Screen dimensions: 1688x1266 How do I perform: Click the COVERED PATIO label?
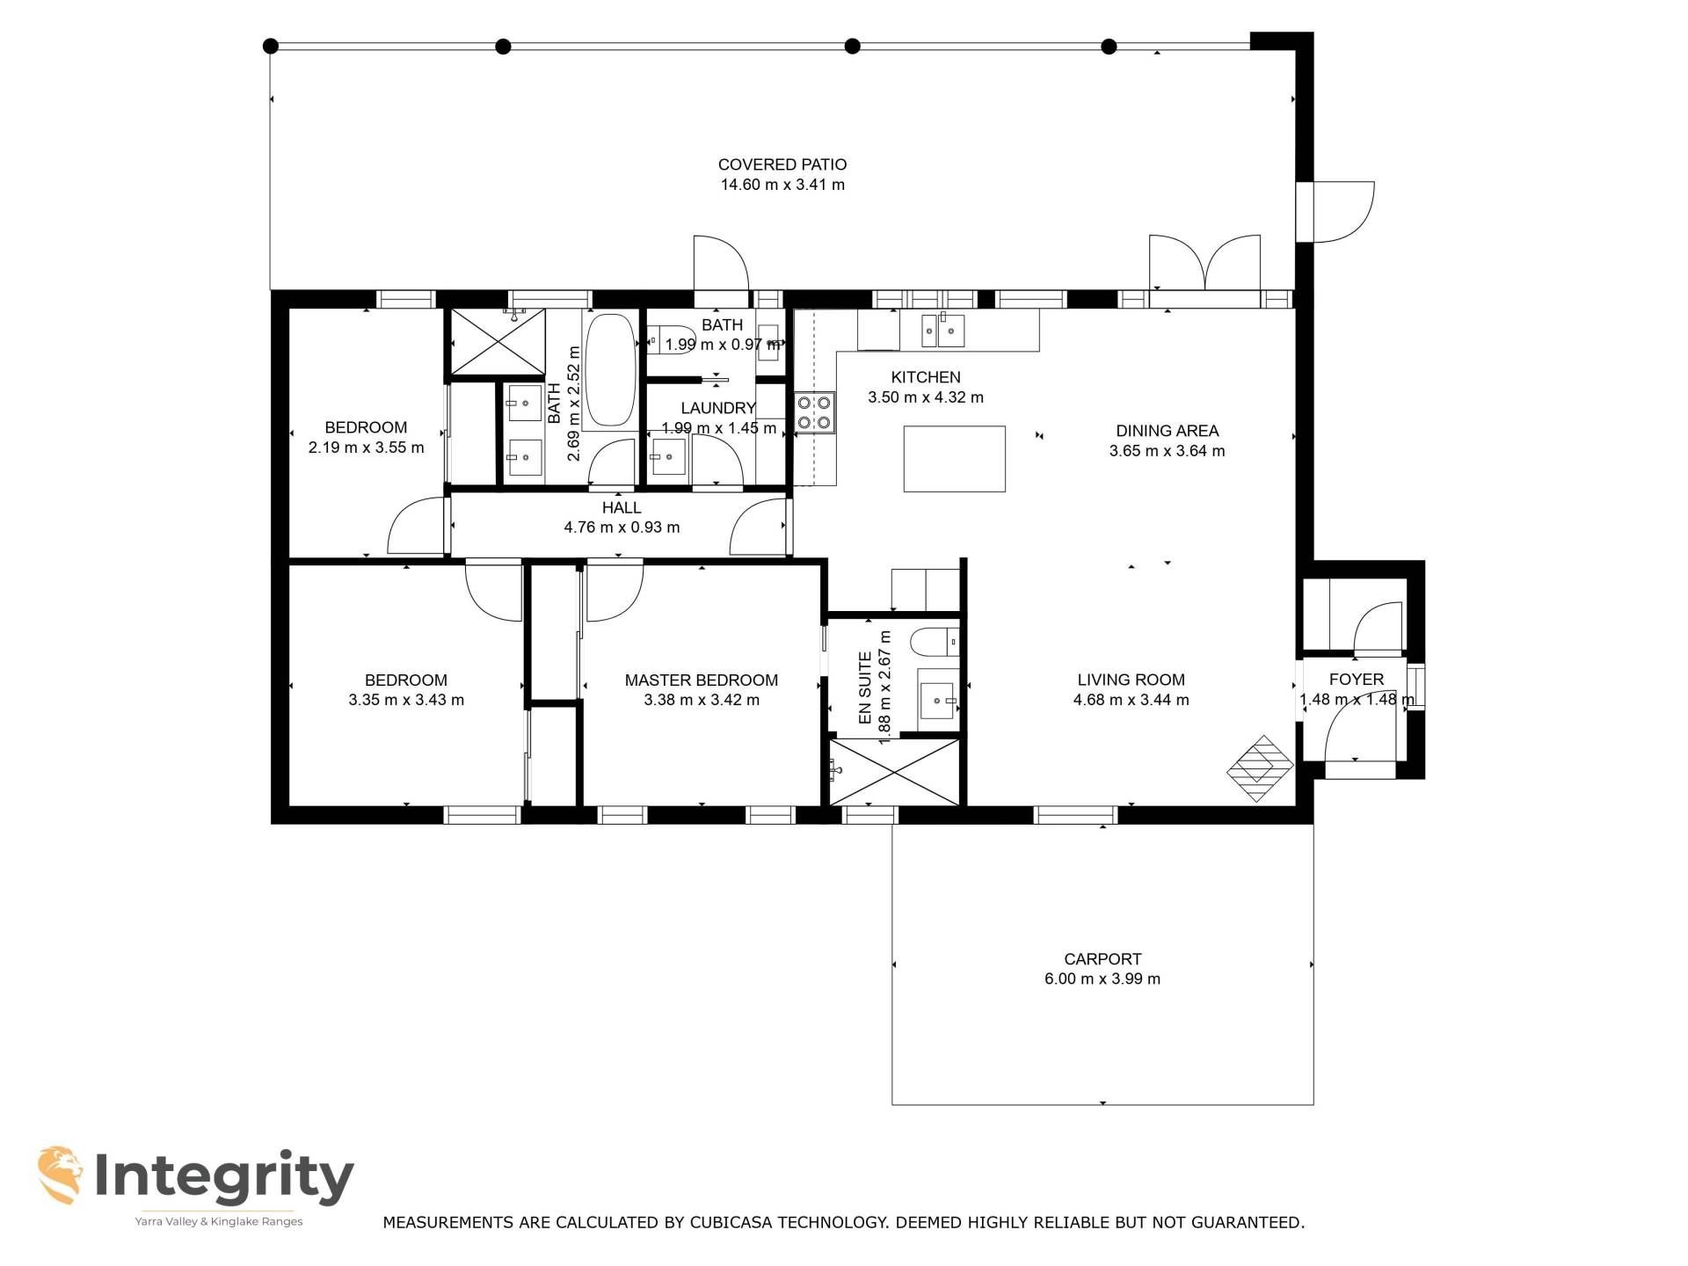point(782,164)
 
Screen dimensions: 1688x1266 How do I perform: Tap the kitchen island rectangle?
point(955,459)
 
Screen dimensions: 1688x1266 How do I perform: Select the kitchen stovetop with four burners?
point(814,413)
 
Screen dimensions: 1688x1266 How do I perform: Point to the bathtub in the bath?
point(610,370)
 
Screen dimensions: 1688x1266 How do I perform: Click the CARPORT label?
point(1102,959)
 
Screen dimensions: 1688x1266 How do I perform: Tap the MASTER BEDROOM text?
point(702,680)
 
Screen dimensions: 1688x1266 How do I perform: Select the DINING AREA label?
point(1168,431)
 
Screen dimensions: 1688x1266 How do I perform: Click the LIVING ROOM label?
point(1131,680)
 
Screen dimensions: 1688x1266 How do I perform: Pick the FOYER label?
point(1357,680)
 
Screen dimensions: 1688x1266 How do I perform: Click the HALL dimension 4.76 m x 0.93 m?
point(622,527)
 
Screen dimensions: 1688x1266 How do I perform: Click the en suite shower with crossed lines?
point(894,771)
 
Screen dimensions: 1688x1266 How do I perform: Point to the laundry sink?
point(668,457)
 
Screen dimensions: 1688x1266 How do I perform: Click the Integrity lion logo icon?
point(61,1175)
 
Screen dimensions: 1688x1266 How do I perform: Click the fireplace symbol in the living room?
point(1259,768)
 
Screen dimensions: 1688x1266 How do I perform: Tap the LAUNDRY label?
point(718,408)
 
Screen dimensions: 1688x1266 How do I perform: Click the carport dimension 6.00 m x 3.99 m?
point(1102,979)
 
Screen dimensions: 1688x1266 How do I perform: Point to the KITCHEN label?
point(926,377)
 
